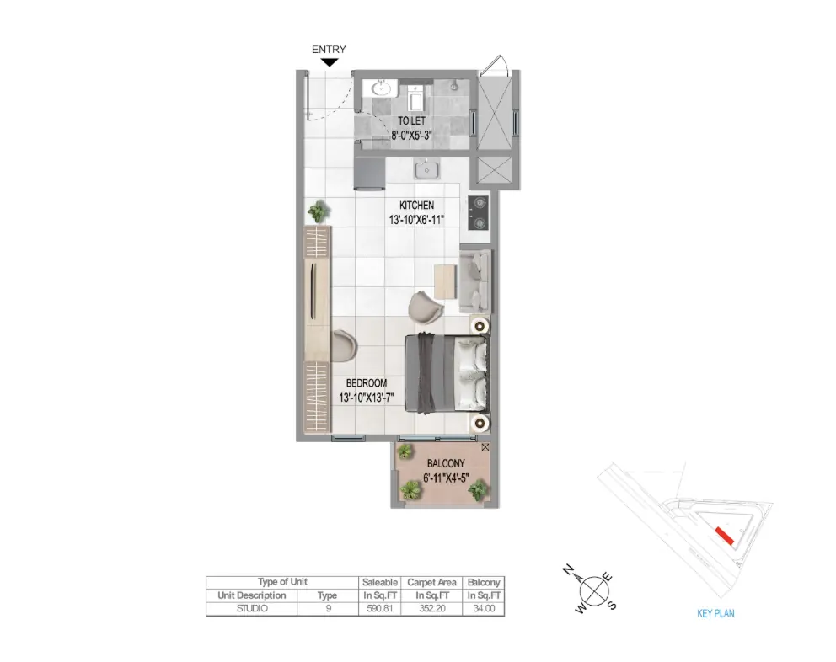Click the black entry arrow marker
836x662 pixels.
click(x=330, y=62)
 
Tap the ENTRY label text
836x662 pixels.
click(x=329, y=49)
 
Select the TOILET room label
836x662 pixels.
click(x=411, y=121)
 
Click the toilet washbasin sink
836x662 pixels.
click(x=381, y=88)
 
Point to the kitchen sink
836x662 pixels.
click(x=426, y=169)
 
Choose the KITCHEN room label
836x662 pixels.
click(x=417, y=206)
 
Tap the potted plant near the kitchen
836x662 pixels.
click(x=319, y=211)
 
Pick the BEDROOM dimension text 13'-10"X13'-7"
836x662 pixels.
click(x=367, y=398)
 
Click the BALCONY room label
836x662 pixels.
click(x=446, y=464)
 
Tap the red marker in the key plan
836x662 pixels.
click(x=725, y=536)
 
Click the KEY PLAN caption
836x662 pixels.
click(x=715, y=613)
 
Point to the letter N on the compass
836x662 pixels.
click(x=569, y=571)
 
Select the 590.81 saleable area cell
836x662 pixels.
click(x=379, y=608)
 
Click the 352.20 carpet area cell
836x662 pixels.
click(x=431, y=608)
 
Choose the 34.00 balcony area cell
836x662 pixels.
click(x=484, y=608)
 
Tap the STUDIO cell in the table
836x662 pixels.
click(x=252, y=608)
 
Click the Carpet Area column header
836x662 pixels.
click(x=431, y=583)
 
